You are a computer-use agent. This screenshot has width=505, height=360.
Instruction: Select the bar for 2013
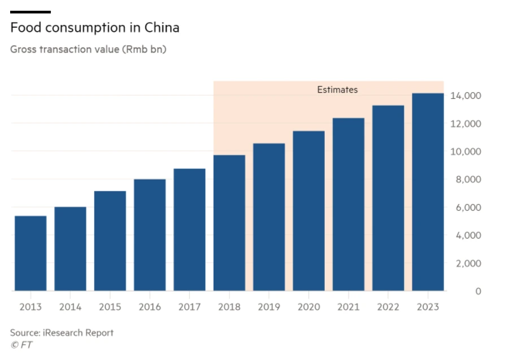click(x=31, y=253)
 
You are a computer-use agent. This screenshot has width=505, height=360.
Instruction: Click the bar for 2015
click(x=110, y=241)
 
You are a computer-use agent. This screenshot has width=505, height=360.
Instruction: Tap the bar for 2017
click(x=189, y=229)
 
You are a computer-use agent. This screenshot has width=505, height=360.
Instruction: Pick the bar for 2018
click(x=229, y=223)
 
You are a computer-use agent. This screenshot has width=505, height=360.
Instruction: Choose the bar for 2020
click(x=308, y=211)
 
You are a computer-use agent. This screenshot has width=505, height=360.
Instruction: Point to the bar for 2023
click(x=428, y=192)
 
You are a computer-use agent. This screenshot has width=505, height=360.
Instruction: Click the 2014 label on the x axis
click(x=70, y=307)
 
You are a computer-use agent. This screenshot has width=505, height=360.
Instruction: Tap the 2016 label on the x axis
click(x=150, y=307)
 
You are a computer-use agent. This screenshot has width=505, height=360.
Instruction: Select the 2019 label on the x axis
click(x=269, y=307)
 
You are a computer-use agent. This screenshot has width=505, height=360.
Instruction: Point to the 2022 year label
click(x=388, y=307)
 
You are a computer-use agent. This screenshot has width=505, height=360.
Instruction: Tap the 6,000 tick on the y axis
click(x=467, y=207)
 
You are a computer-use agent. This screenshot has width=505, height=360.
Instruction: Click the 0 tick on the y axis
click(x=478, y=291)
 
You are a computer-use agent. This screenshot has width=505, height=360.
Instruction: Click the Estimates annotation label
click(x=337, y=90)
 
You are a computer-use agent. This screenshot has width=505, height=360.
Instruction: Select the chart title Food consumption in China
click(x=94, y=27)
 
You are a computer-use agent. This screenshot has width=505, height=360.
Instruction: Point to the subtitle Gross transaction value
click(x=88, y=49)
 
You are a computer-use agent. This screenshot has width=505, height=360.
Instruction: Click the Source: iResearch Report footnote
click(x=62, y=332)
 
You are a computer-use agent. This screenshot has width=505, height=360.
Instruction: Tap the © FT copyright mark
click(x=21, y=345)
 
